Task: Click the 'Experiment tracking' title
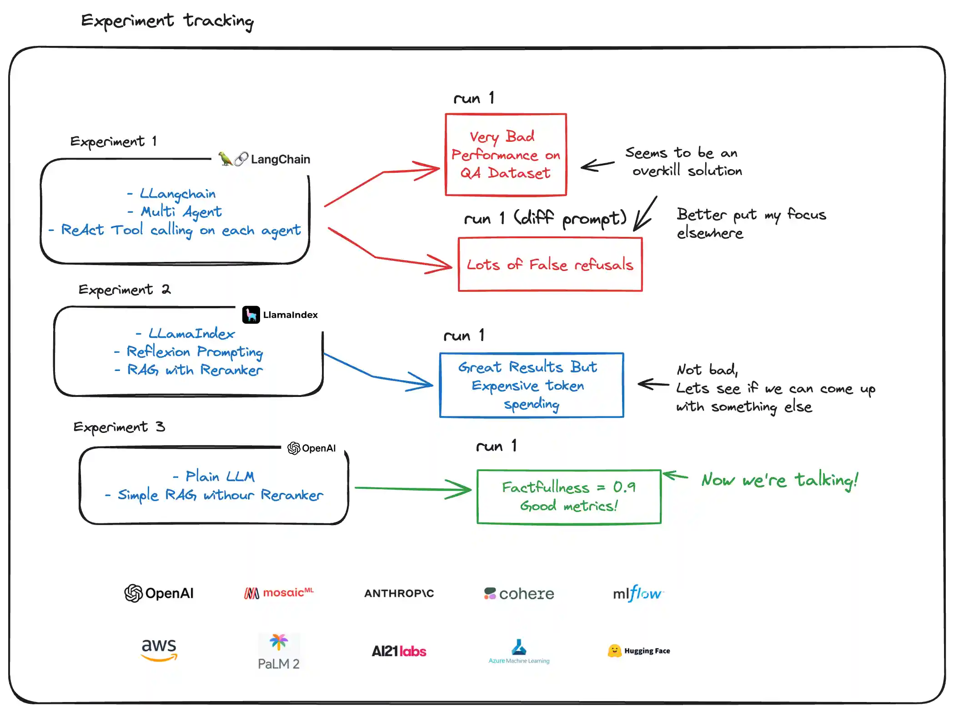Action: pyautogui.click(x=167, y=21)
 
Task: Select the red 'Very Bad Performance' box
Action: pyautogui.click(x=505, y=155)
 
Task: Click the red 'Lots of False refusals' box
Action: pyautogui.click(x=550, y=264)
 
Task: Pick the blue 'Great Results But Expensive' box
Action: pyautogui.click(x=531, y=385)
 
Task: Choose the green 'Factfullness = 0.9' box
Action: pyautogui.click(x=568, y=496)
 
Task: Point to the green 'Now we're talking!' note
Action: pyautogui.click(x=779, y=480)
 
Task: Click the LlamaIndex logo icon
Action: pyautogui.click(x=251, y=315)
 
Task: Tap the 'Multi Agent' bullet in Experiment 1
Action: pyautogui.click(x=181, y=211)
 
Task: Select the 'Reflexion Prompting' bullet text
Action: pyautogui.click(x=195, y=351)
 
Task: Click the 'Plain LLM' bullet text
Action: pyautogui.click(x=220, y=476)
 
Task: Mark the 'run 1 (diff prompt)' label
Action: pyautogui.click(x=545, y=219)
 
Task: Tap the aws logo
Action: pyautogui.click(x=159, y=649)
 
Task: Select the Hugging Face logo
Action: pyautogui.click(x=638, y=651)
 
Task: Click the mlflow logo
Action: pyautogui.click(x=638, y=593)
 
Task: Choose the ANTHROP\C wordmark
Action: pyautogui.click(x=399, y=593)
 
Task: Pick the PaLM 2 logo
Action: pyautogui.click(x=278, y=652)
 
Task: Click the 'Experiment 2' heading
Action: pyautogui.click(x=124, y=290)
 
